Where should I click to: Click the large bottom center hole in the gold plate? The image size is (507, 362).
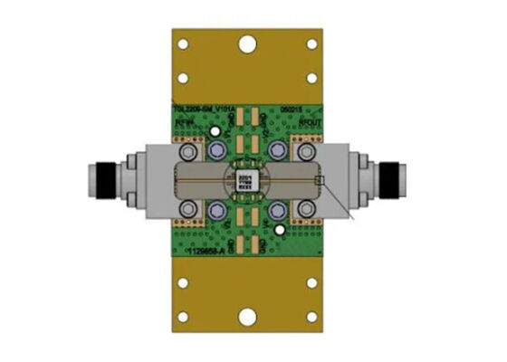pyautogui.click(x=246, y=317)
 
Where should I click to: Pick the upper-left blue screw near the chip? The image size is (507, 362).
pyautogui.click(x=220, y=148)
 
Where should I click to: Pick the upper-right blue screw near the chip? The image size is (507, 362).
pyautogui.click(x=277, y=147)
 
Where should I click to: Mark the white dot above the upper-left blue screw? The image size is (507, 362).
pyautogui.click(x=215, y=129)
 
